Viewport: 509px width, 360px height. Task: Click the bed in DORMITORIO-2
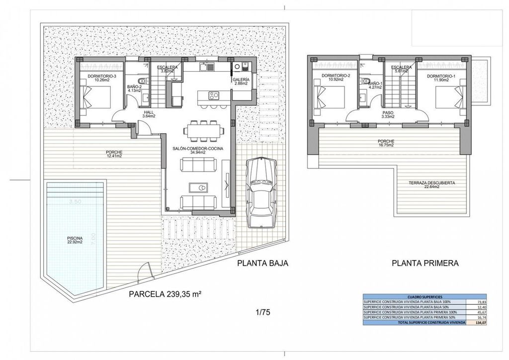point(326,97)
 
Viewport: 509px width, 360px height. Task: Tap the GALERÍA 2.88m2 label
point(241,81)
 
